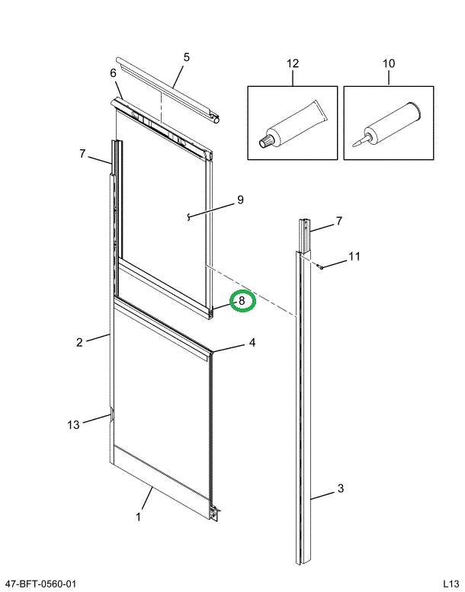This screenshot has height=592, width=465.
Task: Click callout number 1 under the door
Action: pos(138,517)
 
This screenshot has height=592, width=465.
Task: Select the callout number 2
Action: pos(79,342)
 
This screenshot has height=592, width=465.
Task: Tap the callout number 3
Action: pos(341,488)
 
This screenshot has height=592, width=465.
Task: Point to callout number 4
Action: pos(252,343)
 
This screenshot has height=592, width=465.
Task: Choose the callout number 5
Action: pos(186,57)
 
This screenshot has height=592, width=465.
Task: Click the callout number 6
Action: pos(113,73)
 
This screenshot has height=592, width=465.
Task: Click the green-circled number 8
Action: pos(242,301)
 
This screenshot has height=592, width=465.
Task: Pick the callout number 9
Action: pos(240,200)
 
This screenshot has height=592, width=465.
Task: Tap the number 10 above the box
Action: pos(389,63)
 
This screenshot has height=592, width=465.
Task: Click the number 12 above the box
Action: pos(293,63)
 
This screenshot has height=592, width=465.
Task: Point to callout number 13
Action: pos(73,425)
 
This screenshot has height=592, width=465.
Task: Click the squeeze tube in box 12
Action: pos(293,125)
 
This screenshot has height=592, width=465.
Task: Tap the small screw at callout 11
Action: pos(322,266)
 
